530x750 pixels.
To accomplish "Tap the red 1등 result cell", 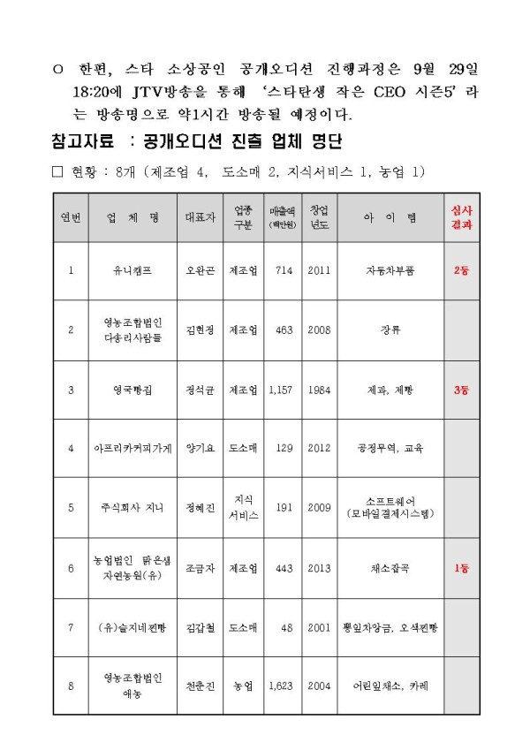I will [461, 568].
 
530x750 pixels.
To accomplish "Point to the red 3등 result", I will [461, 390].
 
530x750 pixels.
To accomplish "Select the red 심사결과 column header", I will [461, 217].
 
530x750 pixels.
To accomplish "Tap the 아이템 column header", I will [390, 217].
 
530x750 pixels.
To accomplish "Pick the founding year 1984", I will [319, 390].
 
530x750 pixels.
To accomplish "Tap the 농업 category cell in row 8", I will [244, 686].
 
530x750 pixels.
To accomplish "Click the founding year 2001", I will [319, 627].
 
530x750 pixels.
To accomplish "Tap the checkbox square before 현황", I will [58, 171].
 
